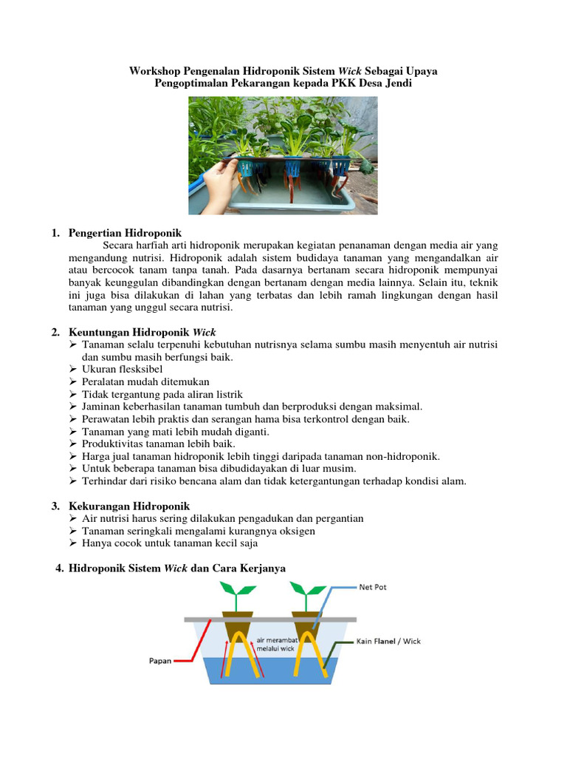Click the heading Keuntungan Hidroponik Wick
[142, 332]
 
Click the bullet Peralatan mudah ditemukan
[145, 381]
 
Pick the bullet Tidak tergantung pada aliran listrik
[162, 394]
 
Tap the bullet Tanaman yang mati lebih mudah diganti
[176, 431]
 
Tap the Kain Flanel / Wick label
[389, 641]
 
